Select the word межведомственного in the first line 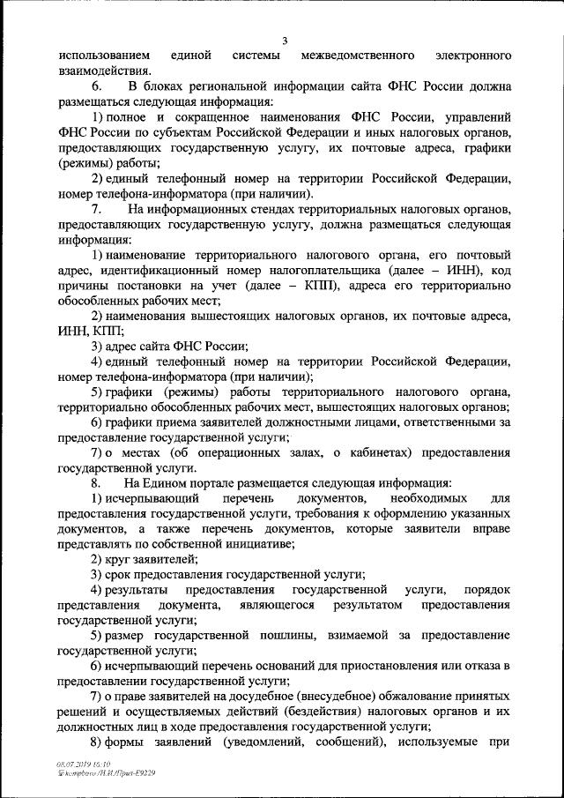pyautogui.click(x=358, y=56)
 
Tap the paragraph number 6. pyautogui.click(x=96, y=86)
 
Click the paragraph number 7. pyautogui.click(x=96, y=209)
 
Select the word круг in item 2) pyautogui.click(x=122, y=559)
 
